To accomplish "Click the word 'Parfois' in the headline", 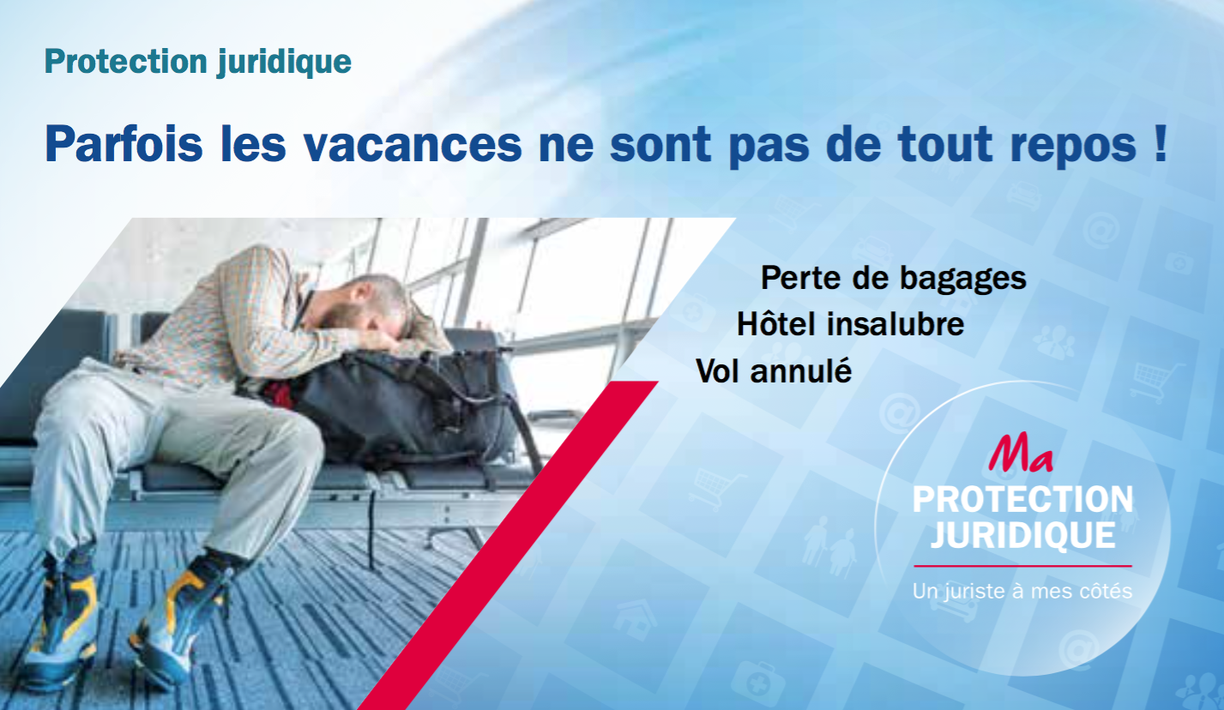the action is coord(124,144).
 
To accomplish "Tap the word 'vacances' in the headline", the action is coord(413,145).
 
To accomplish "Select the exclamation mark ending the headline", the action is coord(1161,143).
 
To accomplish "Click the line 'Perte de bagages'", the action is coord(894,279).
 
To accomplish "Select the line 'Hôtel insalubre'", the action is coord(850,323).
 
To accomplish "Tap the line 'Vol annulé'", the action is coord(774,370).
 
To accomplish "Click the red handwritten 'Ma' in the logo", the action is coord(1021,452).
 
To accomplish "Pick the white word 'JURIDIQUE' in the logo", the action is coord(1023,535).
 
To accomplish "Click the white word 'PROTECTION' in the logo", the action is coord(1023,499).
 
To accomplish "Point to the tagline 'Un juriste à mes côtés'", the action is coord(1022,592).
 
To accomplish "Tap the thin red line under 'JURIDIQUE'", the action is coord(1023,566).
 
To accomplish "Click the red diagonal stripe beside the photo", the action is coord(508,545).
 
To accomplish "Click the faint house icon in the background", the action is coord(635,619).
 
